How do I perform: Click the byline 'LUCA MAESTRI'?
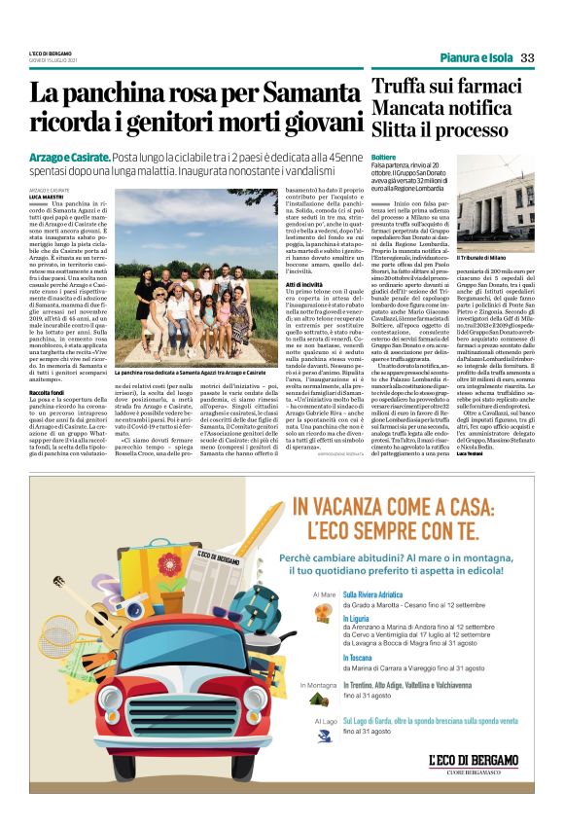pos(47,196)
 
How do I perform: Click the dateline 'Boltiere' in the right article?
pos(384,156)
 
